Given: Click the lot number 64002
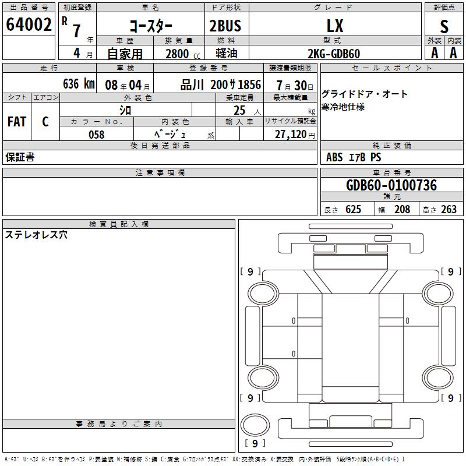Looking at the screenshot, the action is [x=29, y=24].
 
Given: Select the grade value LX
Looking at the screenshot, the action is [x=335, y=26].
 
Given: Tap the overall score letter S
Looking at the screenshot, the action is [x=444, y=26].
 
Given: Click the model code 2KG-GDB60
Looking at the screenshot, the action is [x=334, y=54].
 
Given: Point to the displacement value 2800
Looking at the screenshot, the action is [x=177, y=54].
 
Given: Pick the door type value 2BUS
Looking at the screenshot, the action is [x=225, y=26].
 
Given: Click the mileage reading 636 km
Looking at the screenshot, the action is [x=79, y=84].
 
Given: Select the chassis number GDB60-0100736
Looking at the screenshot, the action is [x=391, y=185].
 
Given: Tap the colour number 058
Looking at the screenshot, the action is [x=97, y=135].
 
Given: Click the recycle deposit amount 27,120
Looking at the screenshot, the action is [x=291, y=135].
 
